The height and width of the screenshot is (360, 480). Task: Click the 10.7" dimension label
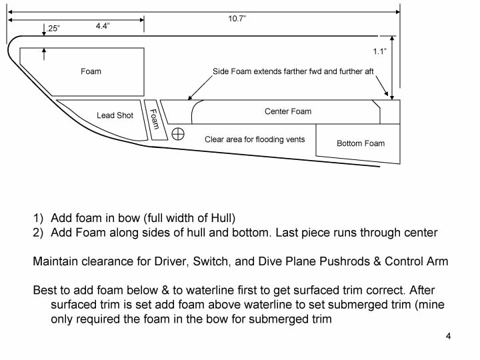point(237,18)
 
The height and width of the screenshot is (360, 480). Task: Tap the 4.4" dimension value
point(102,26)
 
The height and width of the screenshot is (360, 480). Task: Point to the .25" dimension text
point(53,29)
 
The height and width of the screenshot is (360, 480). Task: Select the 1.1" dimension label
point(380,51)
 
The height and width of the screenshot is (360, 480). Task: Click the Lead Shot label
point(115,115)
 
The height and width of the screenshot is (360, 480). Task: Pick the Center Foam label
point(287,111)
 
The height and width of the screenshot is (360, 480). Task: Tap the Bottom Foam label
point(360,143)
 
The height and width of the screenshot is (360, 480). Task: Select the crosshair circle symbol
point(178,134)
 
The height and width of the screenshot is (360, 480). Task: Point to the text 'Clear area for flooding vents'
point(255,139)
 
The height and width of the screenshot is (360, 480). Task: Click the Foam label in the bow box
point(91,71)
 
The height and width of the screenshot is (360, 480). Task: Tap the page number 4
point(449,335)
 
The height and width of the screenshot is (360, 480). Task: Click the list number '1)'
point(39,218)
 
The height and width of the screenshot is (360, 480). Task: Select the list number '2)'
point(39,233)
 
